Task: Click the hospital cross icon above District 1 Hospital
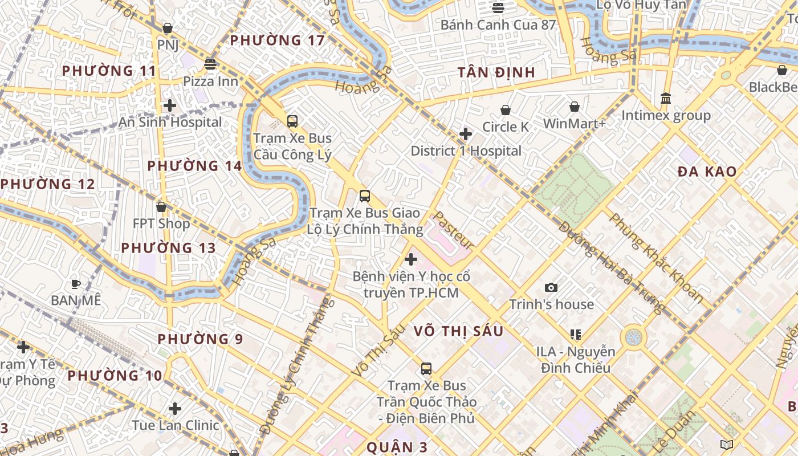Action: pos(466,134)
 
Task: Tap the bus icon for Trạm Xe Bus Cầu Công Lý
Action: pos(292,121)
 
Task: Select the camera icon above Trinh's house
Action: pos(551,287)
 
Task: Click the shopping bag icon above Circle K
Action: pos(506,110)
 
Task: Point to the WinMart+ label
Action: pos(575,124)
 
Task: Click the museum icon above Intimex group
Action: pos(666,99)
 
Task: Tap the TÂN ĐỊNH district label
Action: pos(496,72)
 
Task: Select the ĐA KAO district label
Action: pos(707,172)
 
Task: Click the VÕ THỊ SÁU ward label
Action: pos(458,331)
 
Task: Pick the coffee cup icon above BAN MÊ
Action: pos(75,283)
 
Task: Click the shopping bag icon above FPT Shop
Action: pos(161,207)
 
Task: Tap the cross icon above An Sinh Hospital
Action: pos(169,105)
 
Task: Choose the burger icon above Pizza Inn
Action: pos(210,64)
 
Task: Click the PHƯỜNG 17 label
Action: pos(277,40)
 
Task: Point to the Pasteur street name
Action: pos(454,230)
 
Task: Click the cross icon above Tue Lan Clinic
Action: pos(175,409)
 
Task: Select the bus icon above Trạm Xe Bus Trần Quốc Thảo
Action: pos(426,369)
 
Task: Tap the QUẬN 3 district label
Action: pos(397,447)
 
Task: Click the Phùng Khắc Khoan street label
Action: pos(655,256)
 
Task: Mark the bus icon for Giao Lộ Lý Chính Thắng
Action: pos(365,196)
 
